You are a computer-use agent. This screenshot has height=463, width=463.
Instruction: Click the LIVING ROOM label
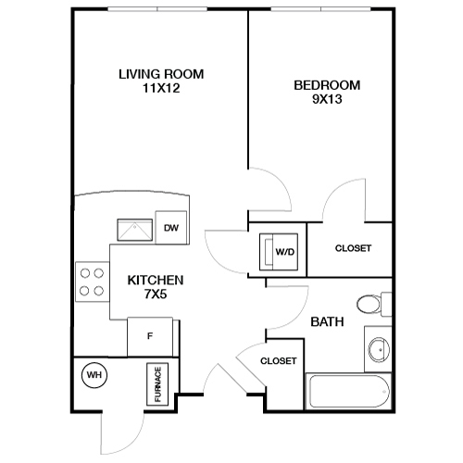[160, 73]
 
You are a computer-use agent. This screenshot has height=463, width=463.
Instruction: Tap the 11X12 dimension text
[160, 88]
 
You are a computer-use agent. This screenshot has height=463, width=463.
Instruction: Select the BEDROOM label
[326, 85]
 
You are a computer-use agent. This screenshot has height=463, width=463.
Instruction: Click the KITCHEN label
[155, 279]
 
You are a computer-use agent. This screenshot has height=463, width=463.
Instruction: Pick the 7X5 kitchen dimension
[155, 294]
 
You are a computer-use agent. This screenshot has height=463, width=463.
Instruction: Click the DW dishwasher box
[170, 227]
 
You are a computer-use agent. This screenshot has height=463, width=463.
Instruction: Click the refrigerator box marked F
[150, 334]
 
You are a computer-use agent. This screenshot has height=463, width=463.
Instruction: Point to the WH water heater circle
[93, 375]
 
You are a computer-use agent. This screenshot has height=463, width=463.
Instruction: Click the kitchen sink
[132, 229]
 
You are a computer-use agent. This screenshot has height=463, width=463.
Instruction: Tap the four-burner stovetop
[91, 282]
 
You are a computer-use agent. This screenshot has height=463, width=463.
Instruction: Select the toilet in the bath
[369, 305]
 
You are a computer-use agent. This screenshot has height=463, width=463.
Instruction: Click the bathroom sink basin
[377, 350]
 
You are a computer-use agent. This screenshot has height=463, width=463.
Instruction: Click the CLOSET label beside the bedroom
[352, 248]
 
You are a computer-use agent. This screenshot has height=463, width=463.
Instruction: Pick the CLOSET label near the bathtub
[278, 361]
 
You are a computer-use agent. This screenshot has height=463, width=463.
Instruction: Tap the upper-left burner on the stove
[84, 273]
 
